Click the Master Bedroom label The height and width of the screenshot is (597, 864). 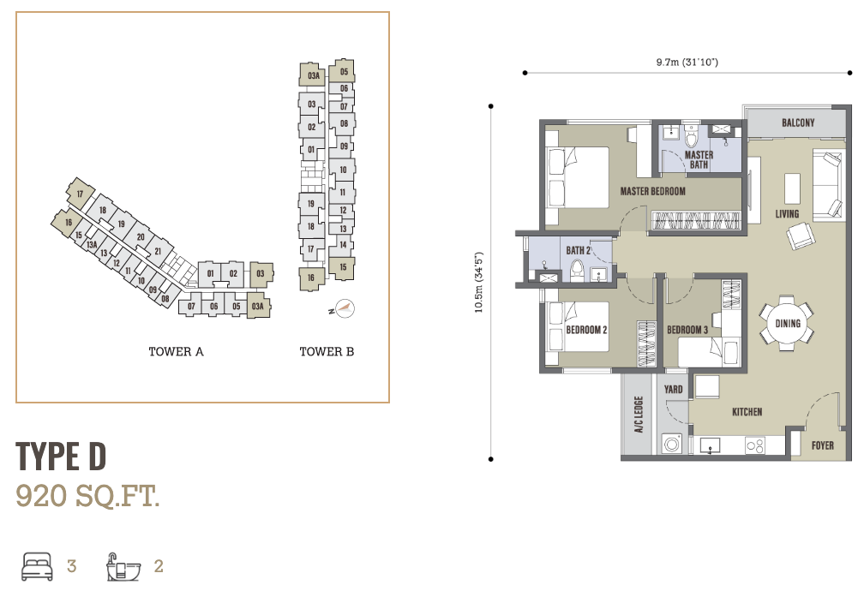point(652,191)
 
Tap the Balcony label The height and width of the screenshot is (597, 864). point(798,122)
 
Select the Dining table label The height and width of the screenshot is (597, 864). point(788,323)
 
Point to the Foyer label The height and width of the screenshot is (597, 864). point(822,445)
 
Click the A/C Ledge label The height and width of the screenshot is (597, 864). point(639,415)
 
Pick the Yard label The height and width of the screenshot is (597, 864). point(674,390)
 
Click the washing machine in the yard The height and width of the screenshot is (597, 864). point(672,444)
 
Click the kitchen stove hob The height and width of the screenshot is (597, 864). point(754,445)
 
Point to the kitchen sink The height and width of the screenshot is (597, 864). point(710,445)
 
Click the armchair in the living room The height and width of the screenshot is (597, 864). point(800,236)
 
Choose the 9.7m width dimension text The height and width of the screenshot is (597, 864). point(687,63)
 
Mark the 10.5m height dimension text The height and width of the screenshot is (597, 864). point(479,282)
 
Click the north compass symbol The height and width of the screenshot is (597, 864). point(344,308)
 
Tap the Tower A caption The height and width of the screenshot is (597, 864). point(177,351)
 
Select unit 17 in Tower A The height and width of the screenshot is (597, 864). point(80,194)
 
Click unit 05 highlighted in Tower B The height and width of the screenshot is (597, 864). point(342,71)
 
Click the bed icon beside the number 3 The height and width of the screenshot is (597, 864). point(37,567)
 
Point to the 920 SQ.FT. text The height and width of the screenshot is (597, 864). point(87,496)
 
